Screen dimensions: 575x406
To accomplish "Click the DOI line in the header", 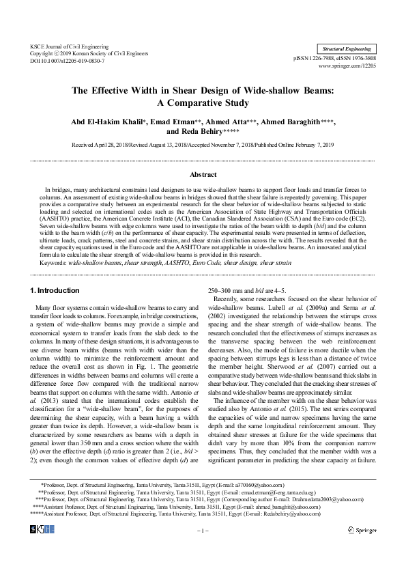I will (68, 61).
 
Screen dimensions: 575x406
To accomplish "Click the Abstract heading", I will (203, 175).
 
